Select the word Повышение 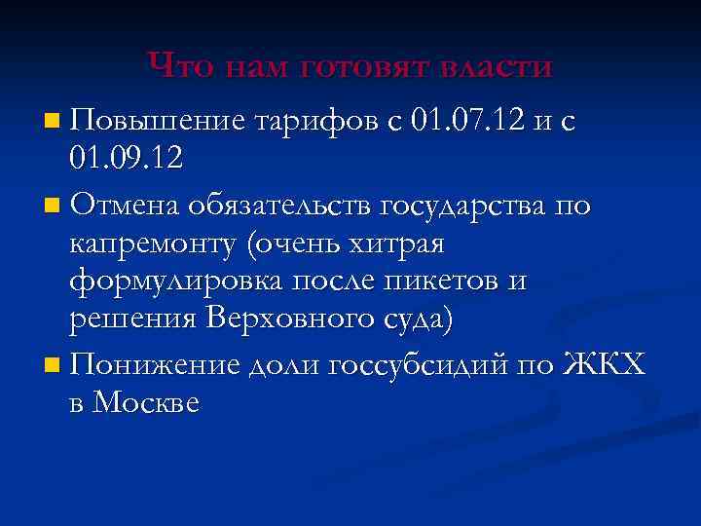[x=157, y=122]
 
